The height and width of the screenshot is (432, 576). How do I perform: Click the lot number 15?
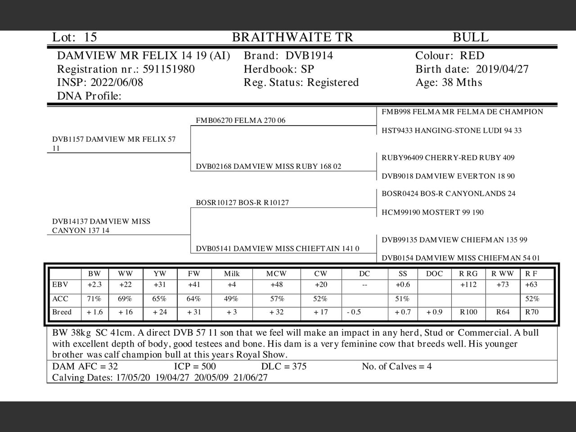90,37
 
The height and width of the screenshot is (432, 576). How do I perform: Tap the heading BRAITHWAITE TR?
292,37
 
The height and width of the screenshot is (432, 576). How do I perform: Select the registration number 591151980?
169,69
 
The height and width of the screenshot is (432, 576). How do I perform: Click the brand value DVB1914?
309,56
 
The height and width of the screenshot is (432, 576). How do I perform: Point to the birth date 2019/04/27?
502,69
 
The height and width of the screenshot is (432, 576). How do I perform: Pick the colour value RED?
472,56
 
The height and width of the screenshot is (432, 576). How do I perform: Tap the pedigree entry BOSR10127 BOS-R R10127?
242,202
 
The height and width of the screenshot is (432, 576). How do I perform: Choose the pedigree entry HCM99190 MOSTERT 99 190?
432,212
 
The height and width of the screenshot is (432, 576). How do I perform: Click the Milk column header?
232,274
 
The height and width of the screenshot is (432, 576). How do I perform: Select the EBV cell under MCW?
276,284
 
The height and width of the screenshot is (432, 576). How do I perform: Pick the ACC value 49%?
231,299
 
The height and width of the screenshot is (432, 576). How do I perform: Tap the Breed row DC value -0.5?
354,312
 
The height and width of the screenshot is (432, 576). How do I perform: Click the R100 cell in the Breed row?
468,312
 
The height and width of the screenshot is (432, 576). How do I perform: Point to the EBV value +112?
468,284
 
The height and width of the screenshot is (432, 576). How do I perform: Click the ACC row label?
60,299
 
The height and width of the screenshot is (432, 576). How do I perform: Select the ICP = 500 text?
194,366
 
